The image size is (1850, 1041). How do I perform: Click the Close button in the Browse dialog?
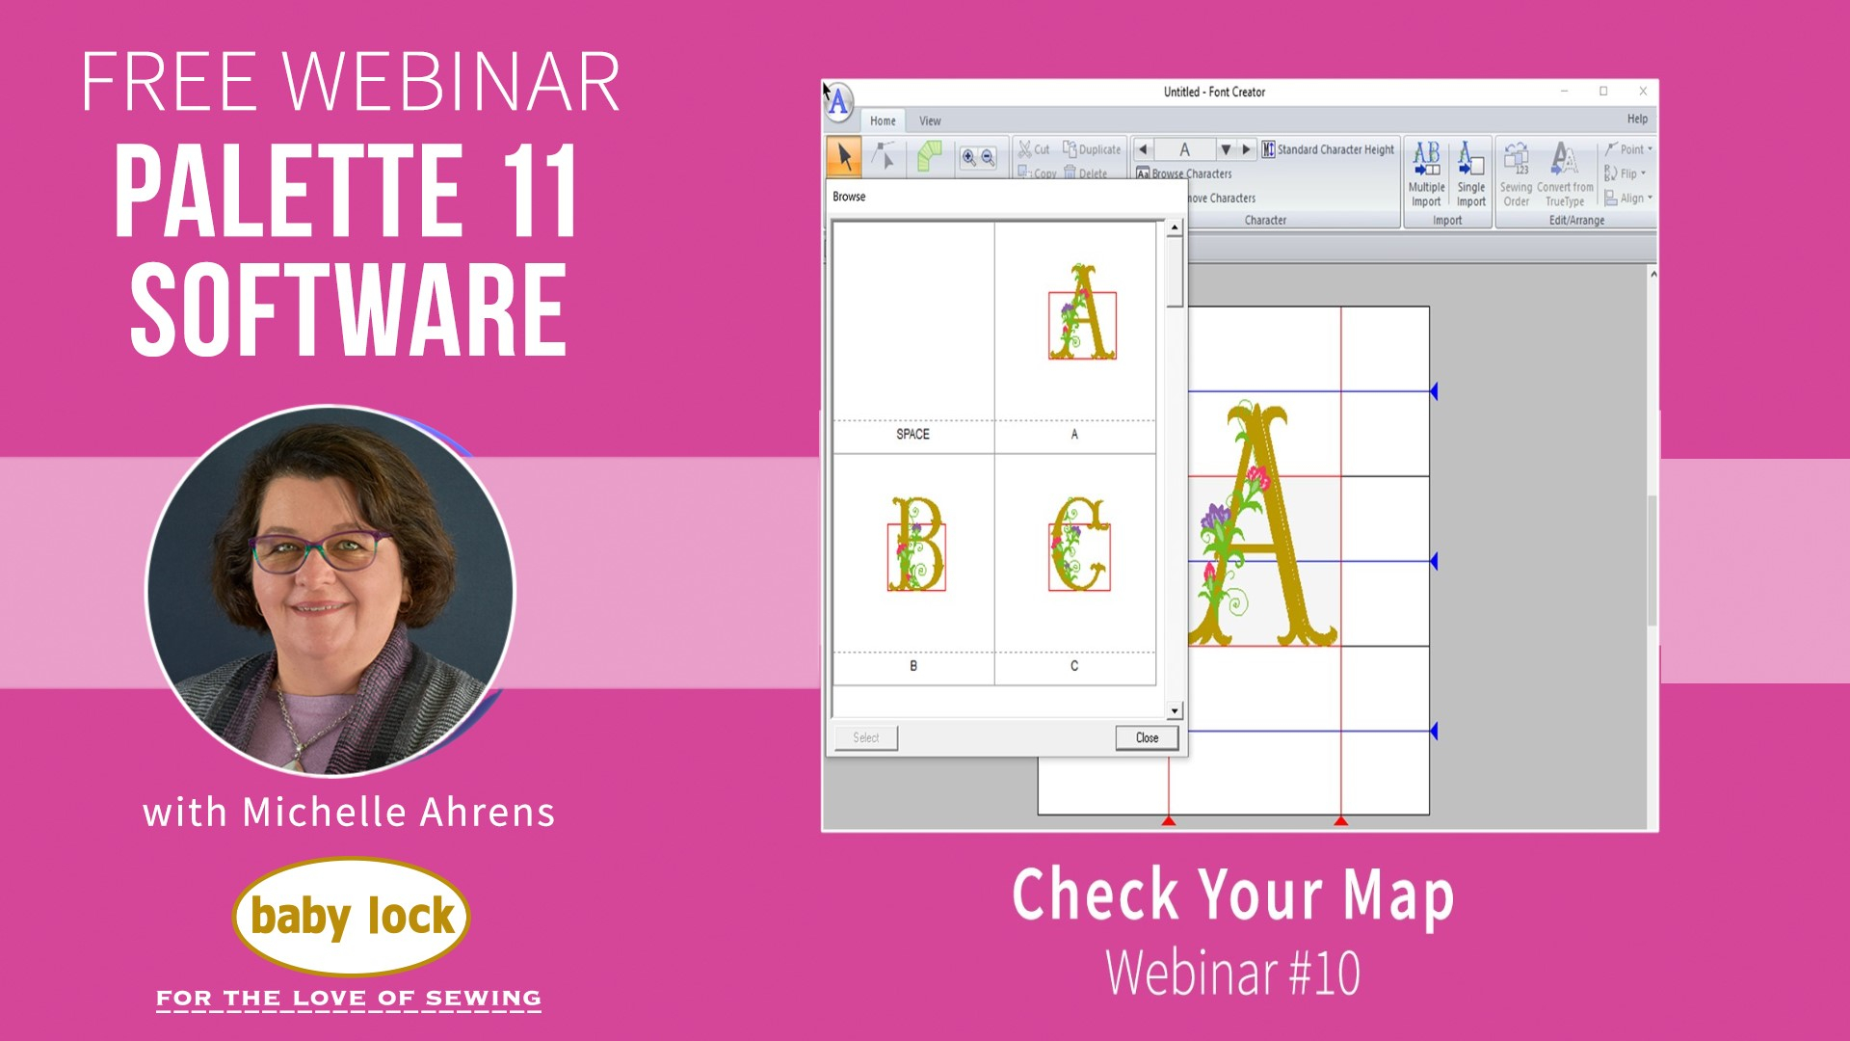coord(1147,737)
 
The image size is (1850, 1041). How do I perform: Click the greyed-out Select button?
coord(865,737)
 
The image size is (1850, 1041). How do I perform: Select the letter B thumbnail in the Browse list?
coord(915,545)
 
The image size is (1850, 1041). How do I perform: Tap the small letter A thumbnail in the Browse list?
coord(1081,313)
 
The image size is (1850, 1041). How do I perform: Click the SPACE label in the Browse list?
coord(912,434)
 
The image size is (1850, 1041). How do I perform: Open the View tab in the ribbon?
coord(930,120)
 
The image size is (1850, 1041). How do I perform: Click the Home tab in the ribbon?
coord(883,120)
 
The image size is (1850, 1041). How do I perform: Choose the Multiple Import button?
coord(1426,174)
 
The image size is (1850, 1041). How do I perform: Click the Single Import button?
coord(1470,174)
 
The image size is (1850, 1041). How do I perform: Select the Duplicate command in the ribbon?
coord(1092,149)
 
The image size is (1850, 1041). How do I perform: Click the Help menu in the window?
coord(1637,119)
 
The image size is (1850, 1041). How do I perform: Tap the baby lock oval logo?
coord(352,917)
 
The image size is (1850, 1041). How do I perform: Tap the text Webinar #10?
coord(1232,974)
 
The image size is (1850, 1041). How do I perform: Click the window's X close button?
coord(1643,92)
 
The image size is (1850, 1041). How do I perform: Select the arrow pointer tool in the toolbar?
coord(844,155)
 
